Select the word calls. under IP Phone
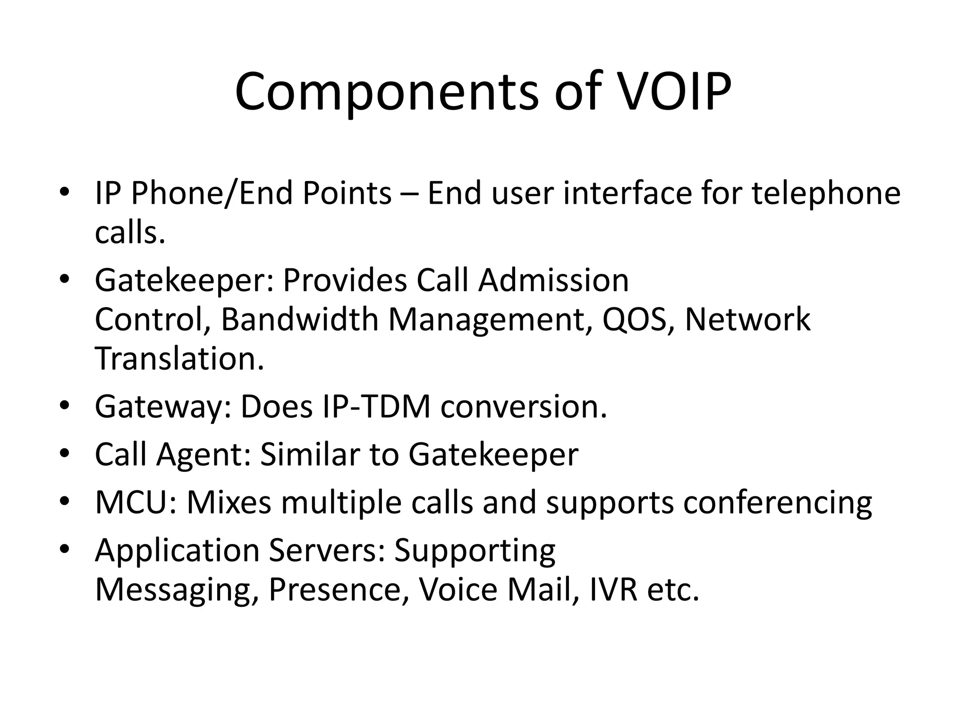click(x=130, y=233)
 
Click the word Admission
click(x=553, y=280)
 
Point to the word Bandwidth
click(x=299, y=320)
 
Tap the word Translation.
click(x=179, y=358)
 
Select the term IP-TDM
click(x=376, y=406)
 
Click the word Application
click(x=177, y=550)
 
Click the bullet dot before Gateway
click(x=65, y=407)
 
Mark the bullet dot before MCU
click(x=65, y=502)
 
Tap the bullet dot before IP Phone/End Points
click(x=65, y=193)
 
